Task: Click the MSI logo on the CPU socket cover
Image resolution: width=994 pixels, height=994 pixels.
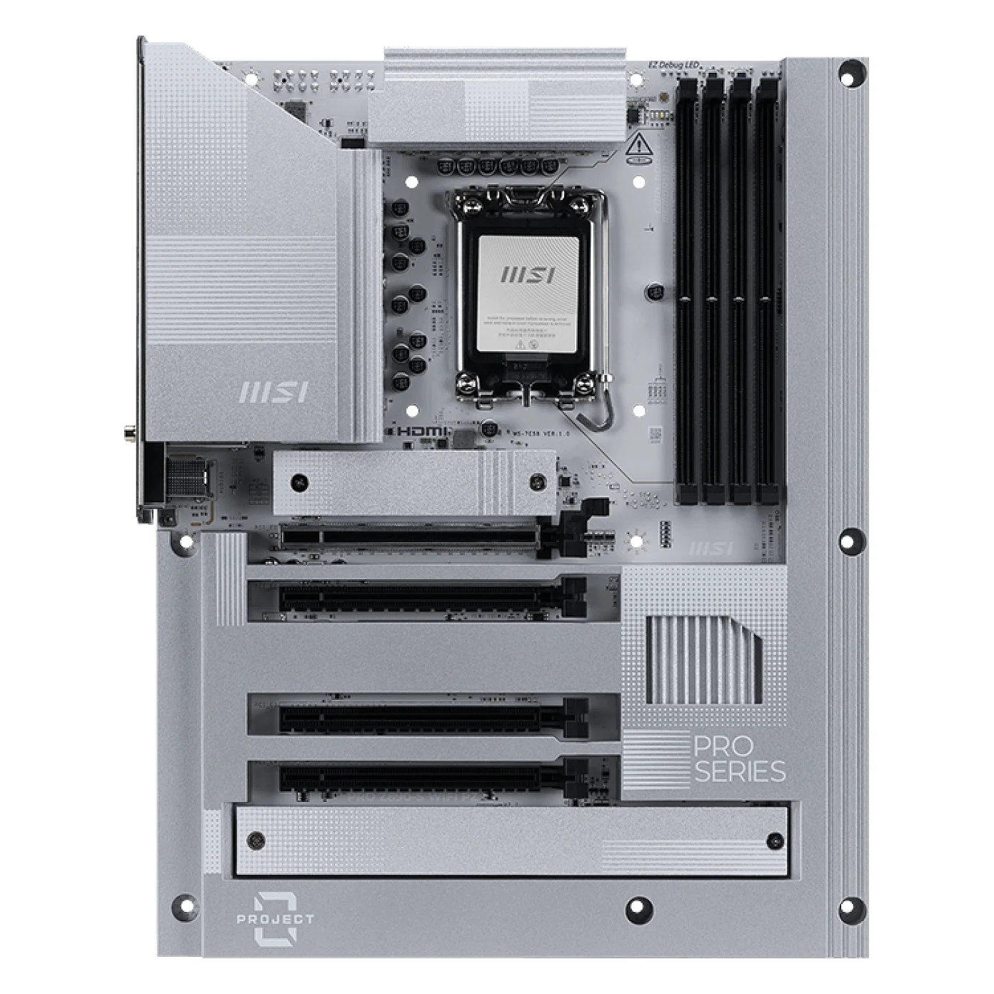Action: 529,276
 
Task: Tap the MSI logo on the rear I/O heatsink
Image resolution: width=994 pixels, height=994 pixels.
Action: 273,392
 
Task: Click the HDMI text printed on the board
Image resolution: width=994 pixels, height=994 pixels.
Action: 423,432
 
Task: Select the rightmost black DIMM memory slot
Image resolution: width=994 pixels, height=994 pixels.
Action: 768,286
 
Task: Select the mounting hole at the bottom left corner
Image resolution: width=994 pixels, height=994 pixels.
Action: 184,903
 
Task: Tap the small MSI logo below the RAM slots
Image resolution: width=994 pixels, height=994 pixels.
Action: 711,548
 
